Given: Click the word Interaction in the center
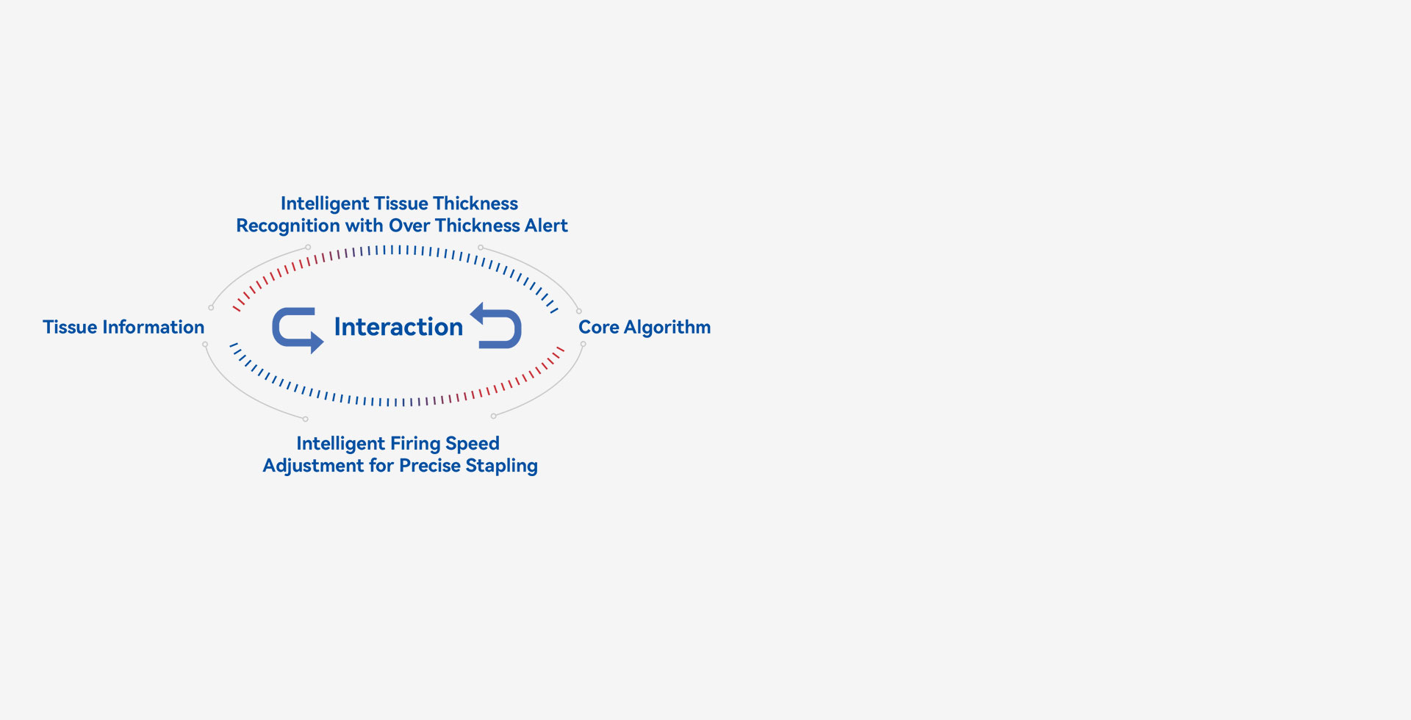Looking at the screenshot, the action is click(x=398, y=327).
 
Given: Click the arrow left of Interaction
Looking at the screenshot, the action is click(x=297, y=330).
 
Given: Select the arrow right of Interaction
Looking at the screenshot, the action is click(x=497, y=325).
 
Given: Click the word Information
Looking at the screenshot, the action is click(x=154, y=327).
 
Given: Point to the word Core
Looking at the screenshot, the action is click(x=598, y=327).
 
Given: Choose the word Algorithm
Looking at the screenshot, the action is click(x=667, y=328).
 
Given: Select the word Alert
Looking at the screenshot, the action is click(x=546, y=226).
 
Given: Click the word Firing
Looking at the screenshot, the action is click(x=416, y=444).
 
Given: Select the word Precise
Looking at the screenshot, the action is click(x=430, y=466).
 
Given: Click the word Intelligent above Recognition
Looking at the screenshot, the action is click(x=325, y=204).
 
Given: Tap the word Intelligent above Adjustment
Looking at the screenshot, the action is click(x=341, y=444).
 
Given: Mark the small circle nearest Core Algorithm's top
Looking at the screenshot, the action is click(x=579, y=311).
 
